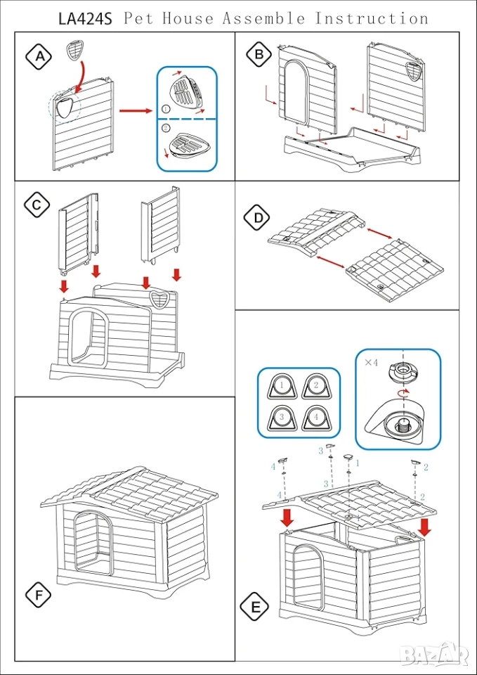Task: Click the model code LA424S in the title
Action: click(81, 18)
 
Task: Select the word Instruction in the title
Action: click(372, 18)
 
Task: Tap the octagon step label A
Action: click(39, 57)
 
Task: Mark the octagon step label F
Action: click(39, 596)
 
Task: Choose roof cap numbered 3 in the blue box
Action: click(280, 418)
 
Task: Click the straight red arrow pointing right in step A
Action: click(136, 110)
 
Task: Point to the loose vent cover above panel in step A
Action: click(74, 50)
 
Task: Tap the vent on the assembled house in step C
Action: click(162, 300)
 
